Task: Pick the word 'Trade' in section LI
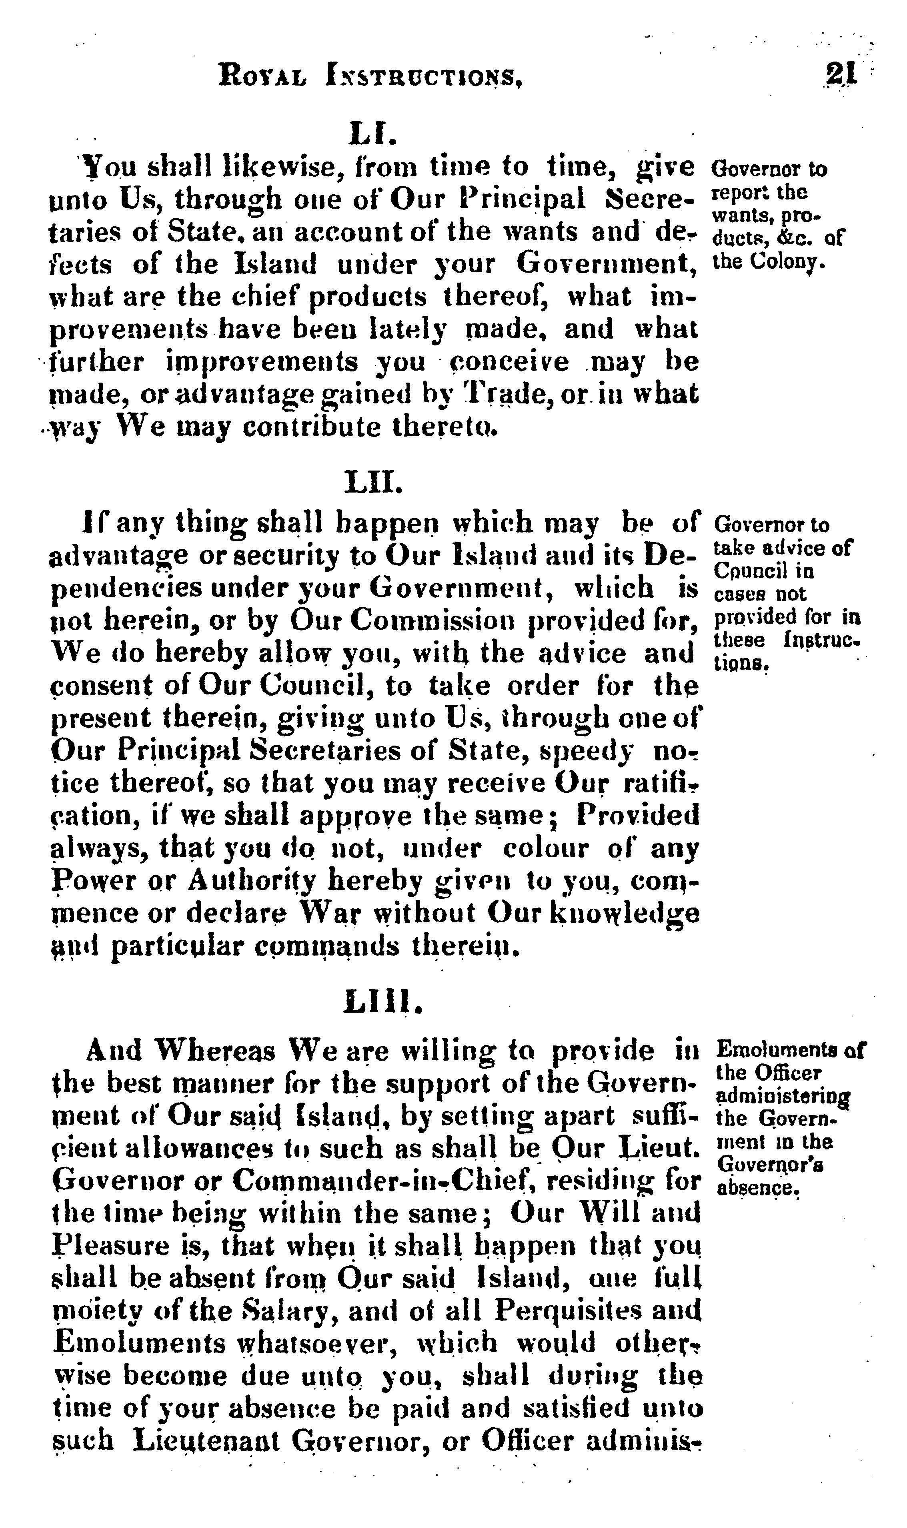pyautogui.click(x=506, y=394)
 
